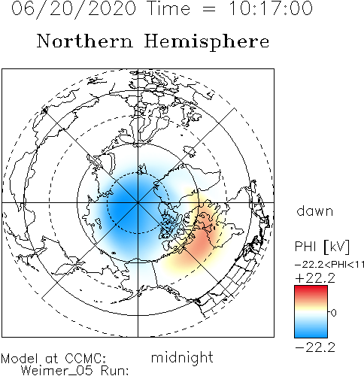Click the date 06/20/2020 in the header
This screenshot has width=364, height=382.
pos(74,9)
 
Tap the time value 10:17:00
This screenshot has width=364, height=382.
pos(271,8)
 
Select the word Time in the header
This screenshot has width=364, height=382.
pos(169,8)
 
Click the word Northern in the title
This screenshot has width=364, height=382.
pos(85,41)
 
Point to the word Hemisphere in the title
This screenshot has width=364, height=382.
pos(207,42)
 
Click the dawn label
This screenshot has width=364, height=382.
pos(315,211)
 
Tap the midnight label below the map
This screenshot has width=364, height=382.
pos(182,357)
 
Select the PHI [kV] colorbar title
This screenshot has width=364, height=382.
pos(322,247)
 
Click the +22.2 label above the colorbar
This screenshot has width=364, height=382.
pos(315,278)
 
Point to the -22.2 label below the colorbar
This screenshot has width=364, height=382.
pos(315,347)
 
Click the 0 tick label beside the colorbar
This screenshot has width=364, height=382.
pos(333,313)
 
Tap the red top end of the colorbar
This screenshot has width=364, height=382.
pos(311,287)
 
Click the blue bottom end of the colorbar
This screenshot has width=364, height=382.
pos(311,335)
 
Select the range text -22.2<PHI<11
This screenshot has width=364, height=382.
pos(329,265)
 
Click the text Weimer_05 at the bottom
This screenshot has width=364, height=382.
pos(56,371)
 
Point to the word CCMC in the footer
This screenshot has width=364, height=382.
pos(85,359)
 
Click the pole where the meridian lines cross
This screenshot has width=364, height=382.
pos(138,202)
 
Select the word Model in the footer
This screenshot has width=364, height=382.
pos(20,359)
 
